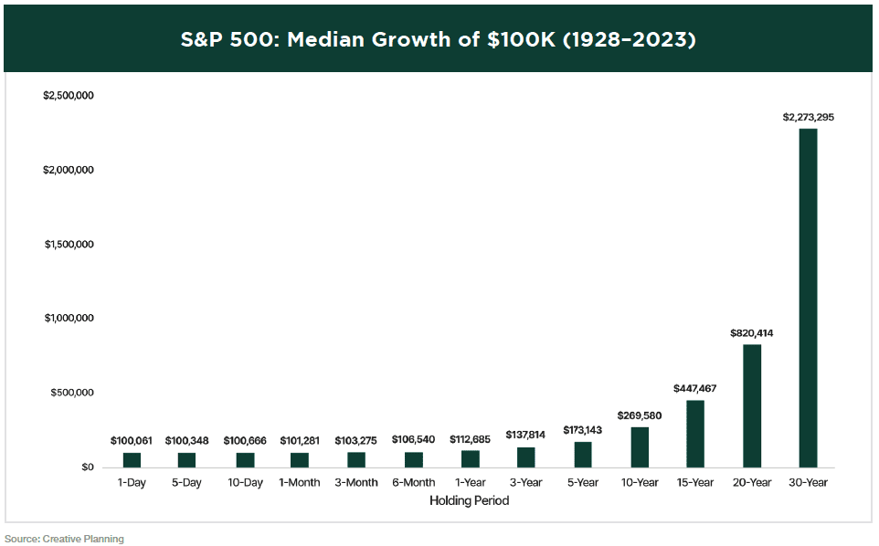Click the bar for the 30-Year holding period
[808, 298]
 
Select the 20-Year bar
[751, 405]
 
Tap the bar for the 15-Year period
[695, 434]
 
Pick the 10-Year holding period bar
[640, 446]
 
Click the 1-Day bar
[132, 459]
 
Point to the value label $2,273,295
[808, 117]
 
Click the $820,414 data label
[751, 333]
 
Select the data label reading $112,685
[470, 439]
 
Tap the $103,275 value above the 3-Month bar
[356, 441]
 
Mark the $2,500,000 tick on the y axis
[69, 96]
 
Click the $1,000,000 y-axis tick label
[69, 319]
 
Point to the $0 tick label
[86, 467]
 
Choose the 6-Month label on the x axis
[413, 482]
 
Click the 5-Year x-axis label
[583, 482]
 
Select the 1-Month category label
[300, 482]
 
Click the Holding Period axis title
[469, 500]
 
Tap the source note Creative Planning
[83, 539]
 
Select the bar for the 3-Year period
[526, 457]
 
